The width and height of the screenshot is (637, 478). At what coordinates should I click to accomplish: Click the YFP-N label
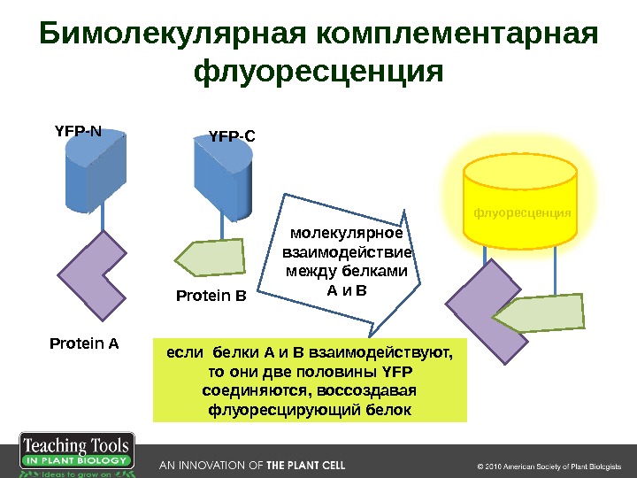[x=78, y=132]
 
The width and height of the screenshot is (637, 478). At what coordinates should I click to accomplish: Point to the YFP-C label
[x=232, y=136]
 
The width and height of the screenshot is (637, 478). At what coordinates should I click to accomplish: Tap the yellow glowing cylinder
[x=521, y=199]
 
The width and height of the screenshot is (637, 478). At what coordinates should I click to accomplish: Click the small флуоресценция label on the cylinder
[x=521, y=213]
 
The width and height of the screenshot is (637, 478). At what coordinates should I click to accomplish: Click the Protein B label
[x=211, y=297]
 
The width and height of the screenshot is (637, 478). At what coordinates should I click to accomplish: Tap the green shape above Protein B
[x=212, y=258]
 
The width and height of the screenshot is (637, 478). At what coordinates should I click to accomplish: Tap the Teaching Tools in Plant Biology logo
[x=76, y=455]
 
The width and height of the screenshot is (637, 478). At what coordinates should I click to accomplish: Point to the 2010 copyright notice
[x=550, y=466]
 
